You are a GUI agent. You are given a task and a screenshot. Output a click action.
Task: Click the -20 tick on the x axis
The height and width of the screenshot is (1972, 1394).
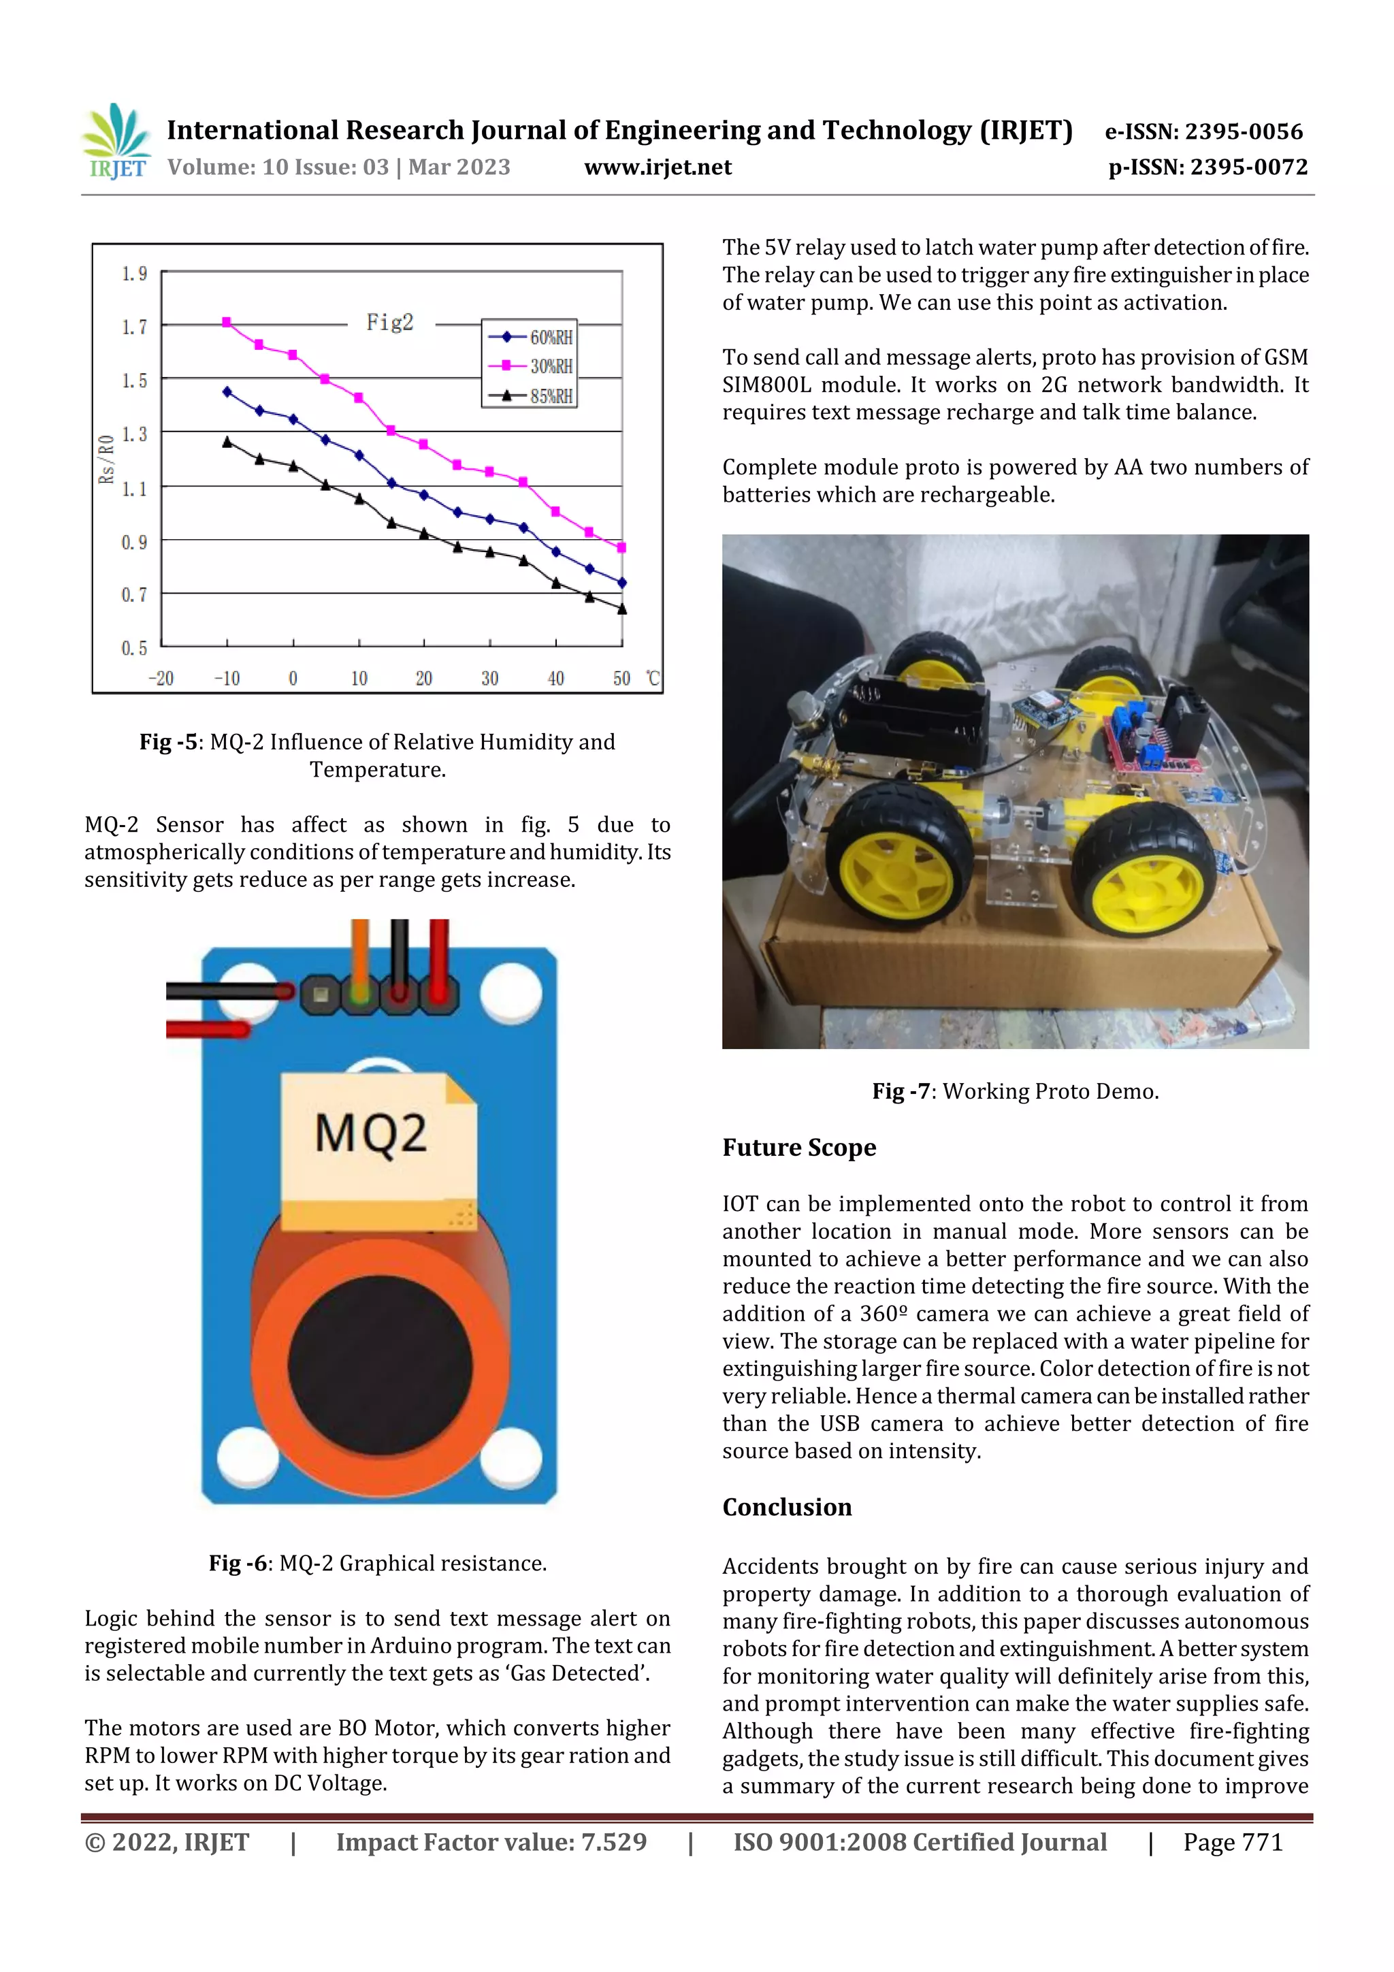pos(161,679)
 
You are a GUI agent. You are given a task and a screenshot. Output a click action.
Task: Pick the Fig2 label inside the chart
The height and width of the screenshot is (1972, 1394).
pos(390,323)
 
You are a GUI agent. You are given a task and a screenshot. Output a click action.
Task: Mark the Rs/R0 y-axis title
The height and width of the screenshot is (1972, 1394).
pos(106,459)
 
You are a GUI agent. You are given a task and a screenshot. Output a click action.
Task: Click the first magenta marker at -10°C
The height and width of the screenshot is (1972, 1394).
pos(227,322)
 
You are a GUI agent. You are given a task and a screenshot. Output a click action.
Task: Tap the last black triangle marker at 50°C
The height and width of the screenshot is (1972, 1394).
pos(622,610)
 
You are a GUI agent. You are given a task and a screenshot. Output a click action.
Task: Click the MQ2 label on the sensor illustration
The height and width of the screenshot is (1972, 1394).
pos(370,1134)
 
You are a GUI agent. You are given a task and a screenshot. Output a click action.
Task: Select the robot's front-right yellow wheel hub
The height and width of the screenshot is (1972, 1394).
pos(1142,893)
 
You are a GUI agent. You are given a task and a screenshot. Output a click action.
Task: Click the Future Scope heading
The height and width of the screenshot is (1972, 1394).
pos(799,1148)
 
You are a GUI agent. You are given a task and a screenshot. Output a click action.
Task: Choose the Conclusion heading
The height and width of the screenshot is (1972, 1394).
pos(787,1507)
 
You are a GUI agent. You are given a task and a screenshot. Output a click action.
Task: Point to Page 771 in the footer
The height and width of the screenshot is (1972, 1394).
pos(1233,1842)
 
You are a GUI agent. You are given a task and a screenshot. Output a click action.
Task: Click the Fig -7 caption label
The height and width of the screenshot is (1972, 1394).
pos(901,1092)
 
